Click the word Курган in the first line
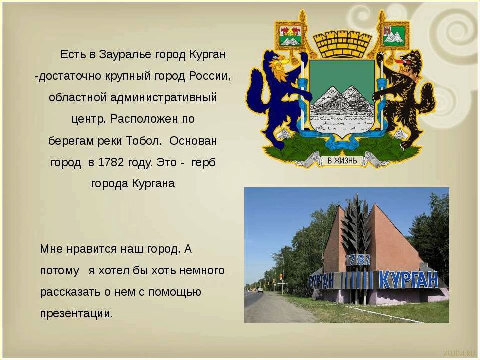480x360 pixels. click(x=208, y=54)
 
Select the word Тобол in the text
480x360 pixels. click(x=146, y=141)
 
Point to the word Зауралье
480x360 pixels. click(x=120, y=54)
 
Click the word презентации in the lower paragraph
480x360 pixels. click(x=76, y=313)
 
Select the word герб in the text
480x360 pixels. click(x=204, y=163)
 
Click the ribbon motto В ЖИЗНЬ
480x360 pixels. click(x=342, y=160)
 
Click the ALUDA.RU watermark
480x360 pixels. click(x=458, y=352)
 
